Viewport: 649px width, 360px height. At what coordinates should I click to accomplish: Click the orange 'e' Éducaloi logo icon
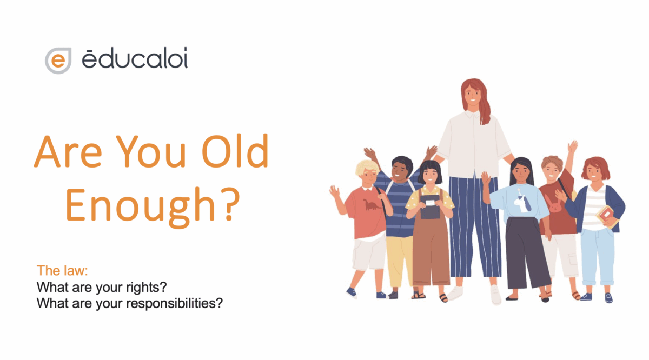click(x=58, y=61)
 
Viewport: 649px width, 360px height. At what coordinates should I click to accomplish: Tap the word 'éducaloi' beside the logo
click(x=135, y=58)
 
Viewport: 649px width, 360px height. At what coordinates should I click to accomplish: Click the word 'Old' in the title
click(x=236, y=151)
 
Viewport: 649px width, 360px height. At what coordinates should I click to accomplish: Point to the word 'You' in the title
click(x=151, y=151)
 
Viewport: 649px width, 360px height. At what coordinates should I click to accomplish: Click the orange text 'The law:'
click(x=62, y=270)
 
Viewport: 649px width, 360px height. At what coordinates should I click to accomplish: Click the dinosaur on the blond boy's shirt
click(x=371, y=204)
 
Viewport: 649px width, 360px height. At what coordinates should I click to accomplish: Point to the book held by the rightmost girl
click(x=607, y=216)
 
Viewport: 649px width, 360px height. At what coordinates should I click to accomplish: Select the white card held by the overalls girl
click(x=430, y=203)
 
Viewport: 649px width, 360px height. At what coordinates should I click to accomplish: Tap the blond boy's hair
click(x=367, y=167)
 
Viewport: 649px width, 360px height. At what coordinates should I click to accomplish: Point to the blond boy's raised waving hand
click(x=334, y=191)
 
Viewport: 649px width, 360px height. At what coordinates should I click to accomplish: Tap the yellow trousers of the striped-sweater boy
click(x=399, y=261)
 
